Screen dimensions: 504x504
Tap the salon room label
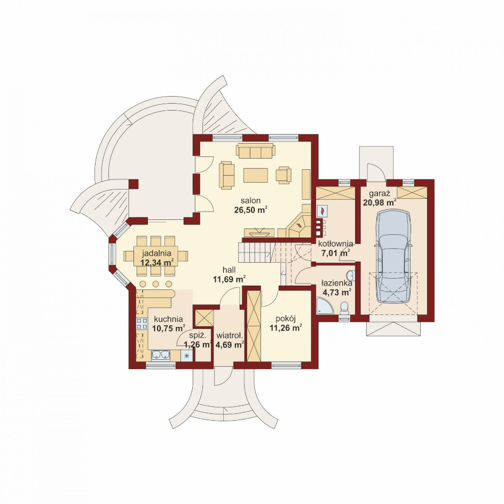251,201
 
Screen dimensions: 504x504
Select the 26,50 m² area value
251,210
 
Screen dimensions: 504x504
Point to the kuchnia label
168,319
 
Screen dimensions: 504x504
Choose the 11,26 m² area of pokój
286,328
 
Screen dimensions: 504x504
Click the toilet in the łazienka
344,308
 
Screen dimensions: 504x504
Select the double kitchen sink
160,356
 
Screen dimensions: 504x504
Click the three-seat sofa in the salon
256,151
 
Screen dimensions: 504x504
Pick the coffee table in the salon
256,175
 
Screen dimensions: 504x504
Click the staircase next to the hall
256,253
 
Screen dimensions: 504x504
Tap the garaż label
379,194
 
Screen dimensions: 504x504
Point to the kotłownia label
335,243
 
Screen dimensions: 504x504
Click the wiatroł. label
230,336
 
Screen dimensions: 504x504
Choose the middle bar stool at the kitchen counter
156,284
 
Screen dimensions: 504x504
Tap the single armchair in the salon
284,175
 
